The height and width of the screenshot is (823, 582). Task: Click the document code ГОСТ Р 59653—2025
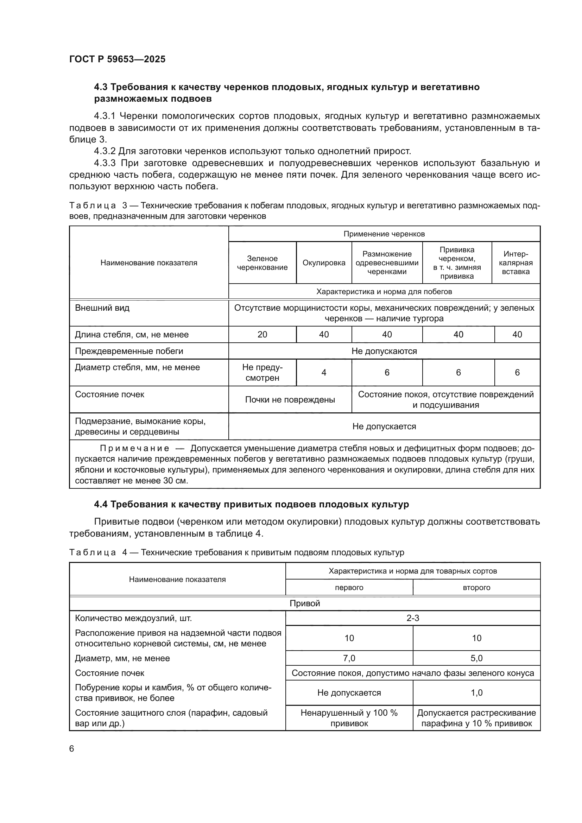117,59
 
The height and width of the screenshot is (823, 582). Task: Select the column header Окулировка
324,263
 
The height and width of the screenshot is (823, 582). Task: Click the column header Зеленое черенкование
262,263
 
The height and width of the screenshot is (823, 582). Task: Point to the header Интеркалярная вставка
515,263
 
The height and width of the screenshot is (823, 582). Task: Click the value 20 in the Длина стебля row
262,334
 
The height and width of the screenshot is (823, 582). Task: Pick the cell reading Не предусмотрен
262,372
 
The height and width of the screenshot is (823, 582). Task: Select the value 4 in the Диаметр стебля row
324,372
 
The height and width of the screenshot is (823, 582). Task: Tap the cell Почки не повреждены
290,399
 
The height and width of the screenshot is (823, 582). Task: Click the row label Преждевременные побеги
129,351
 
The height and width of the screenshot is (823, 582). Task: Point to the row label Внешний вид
102,308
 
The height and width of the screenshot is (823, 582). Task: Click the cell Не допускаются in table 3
384,351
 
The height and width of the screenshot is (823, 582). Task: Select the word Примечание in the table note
134,448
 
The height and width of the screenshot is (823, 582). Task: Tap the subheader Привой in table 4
304,603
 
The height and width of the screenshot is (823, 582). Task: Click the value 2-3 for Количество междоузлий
412,618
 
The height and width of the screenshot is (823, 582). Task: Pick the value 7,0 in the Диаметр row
349,658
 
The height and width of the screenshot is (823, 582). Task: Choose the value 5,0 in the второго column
476,658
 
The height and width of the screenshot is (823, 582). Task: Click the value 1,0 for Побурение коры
476,692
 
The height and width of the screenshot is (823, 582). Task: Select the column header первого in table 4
349,588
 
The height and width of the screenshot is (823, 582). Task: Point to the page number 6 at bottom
72,749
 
